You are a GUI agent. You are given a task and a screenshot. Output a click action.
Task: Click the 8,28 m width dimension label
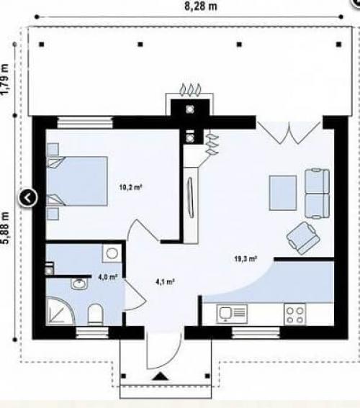(200, 6)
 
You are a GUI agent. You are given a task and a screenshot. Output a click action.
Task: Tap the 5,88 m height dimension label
(6, 227)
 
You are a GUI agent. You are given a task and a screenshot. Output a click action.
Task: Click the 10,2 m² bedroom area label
(130, 187)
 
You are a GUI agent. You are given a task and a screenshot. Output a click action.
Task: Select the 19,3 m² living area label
(246, 258)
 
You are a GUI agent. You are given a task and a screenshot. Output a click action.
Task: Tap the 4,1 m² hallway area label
(165, 281)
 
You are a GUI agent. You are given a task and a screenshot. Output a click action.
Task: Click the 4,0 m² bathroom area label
(107, 277)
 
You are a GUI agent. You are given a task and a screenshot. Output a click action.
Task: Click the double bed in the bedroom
(77, 181)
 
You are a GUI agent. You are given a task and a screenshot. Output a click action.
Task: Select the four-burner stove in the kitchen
(294, 314)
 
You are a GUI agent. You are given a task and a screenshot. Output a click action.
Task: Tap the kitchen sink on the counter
(232, 314)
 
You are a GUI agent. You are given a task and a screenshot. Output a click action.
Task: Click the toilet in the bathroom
(95, 314)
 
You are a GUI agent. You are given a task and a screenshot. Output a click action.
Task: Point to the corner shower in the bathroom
(60, 311)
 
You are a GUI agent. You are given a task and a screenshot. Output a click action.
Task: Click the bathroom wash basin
(79, 284)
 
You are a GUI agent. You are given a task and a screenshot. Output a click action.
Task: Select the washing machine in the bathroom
(112, 253)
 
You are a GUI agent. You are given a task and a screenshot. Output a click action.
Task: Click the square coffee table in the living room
(283, 193)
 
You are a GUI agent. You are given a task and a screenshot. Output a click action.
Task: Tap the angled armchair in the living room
(302, 238)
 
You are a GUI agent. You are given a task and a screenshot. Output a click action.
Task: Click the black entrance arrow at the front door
(161, 376)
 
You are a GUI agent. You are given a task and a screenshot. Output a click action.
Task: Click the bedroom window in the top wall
(85, 122)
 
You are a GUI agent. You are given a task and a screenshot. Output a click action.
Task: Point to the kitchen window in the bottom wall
(256, 332)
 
